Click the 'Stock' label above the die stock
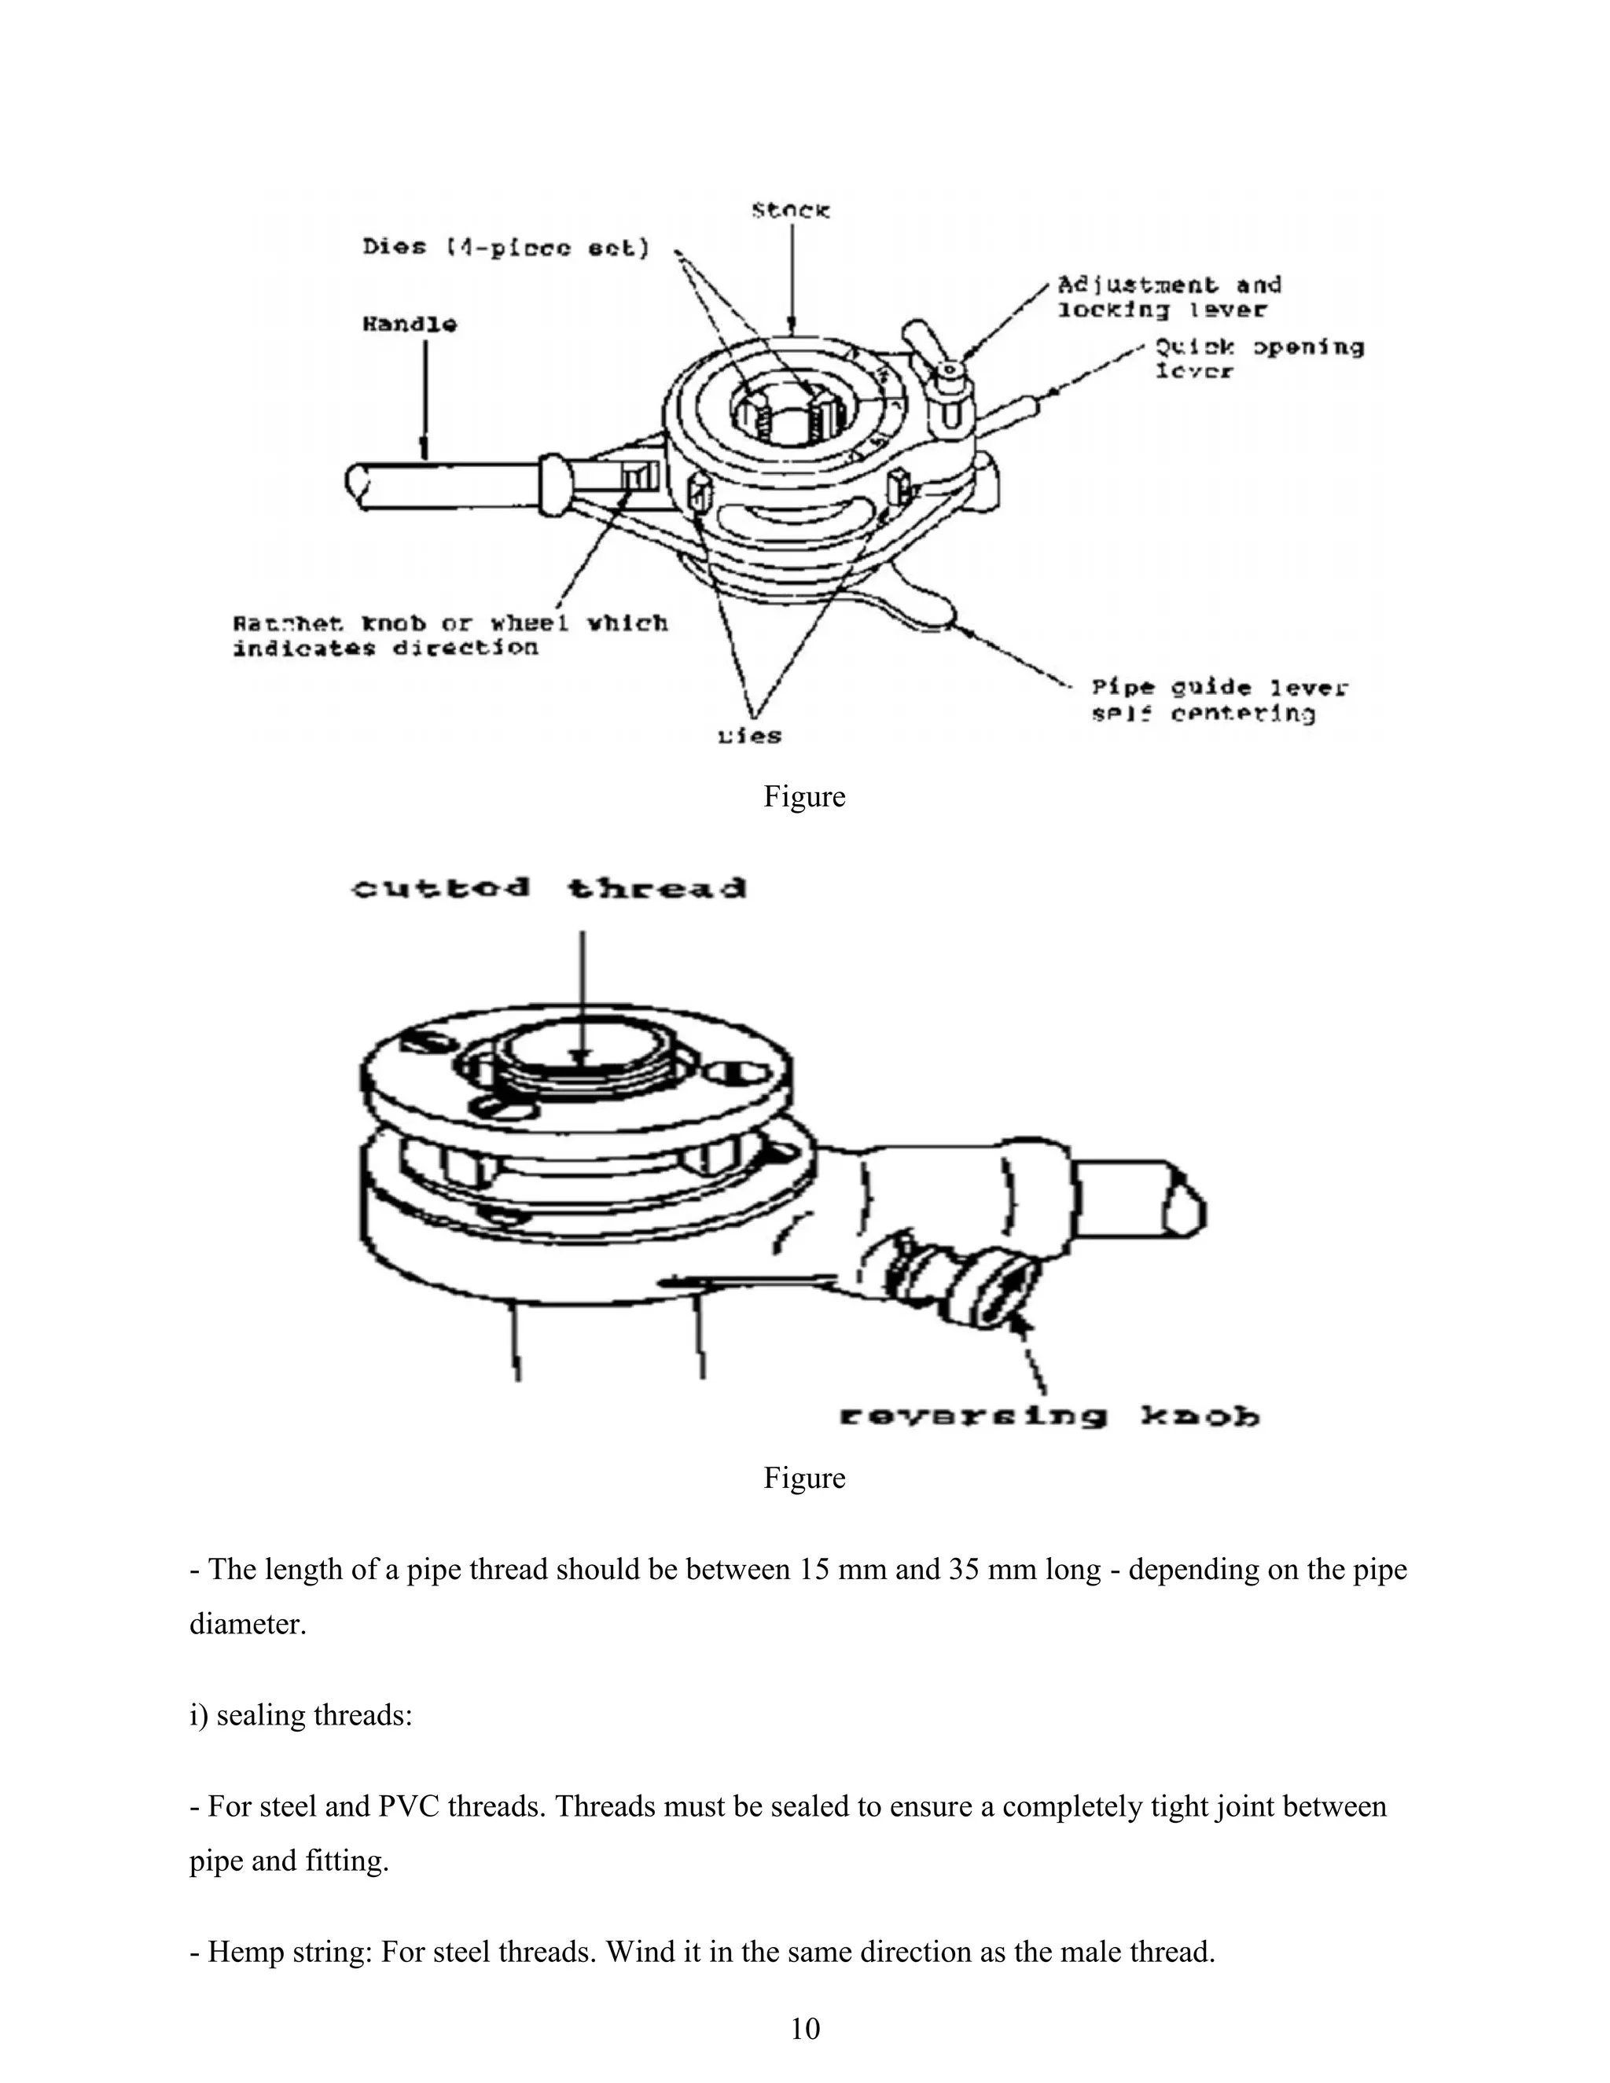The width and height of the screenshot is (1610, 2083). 791,210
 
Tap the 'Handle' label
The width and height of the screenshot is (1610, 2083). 409,325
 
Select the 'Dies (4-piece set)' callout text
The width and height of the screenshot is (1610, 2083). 505,248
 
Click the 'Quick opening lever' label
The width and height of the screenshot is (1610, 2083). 1259,358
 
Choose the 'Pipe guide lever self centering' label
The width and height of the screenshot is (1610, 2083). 1219,700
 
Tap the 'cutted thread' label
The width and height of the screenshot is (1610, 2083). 550,889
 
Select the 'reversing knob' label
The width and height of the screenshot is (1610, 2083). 1049,1417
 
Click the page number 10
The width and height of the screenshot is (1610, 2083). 805,2029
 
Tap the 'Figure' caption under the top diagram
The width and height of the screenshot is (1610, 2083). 804,796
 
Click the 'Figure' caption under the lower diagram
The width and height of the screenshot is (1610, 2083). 804,1478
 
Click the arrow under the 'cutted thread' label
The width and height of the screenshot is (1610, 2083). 582,997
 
